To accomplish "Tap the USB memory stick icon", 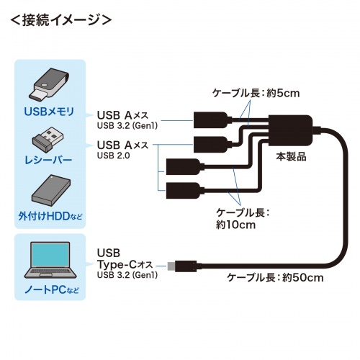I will [49, 84].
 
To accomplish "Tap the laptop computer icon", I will [49, 261].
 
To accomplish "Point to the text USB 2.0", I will [114, 156].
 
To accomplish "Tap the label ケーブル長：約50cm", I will [278, 276].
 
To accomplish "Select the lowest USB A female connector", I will [180, 192].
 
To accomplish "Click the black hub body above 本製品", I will [291, 130].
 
